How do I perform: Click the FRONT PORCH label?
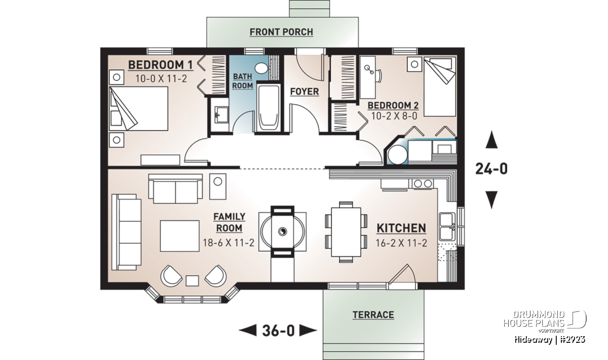pos(281,32)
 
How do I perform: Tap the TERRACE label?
pos(373,315)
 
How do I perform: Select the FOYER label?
pos(305,92)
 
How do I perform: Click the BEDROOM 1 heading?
pos(160,65)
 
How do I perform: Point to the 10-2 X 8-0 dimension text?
pos(394,116)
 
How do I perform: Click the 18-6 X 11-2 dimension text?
pos(229,243)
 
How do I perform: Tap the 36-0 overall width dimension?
pos(278,331)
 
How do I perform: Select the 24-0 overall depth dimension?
pos(491,169)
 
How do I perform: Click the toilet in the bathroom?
pos(261,68)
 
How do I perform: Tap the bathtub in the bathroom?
pos(269,108)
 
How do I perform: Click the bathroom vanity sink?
pos(221,115)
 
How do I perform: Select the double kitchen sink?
pos(447,226)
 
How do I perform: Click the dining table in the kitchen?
pos(346,232)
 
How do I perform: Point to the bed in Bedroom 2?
pos(440,87)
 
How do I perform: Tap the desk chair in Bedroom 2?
pos(379,75)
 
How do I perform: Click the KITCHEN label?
pos(401,228)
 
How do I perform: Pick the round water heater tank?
pos(397,155)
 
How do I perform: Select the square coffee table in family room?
pos(180,236)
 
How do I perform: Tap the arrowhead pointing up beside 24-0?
pos(491,140)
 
